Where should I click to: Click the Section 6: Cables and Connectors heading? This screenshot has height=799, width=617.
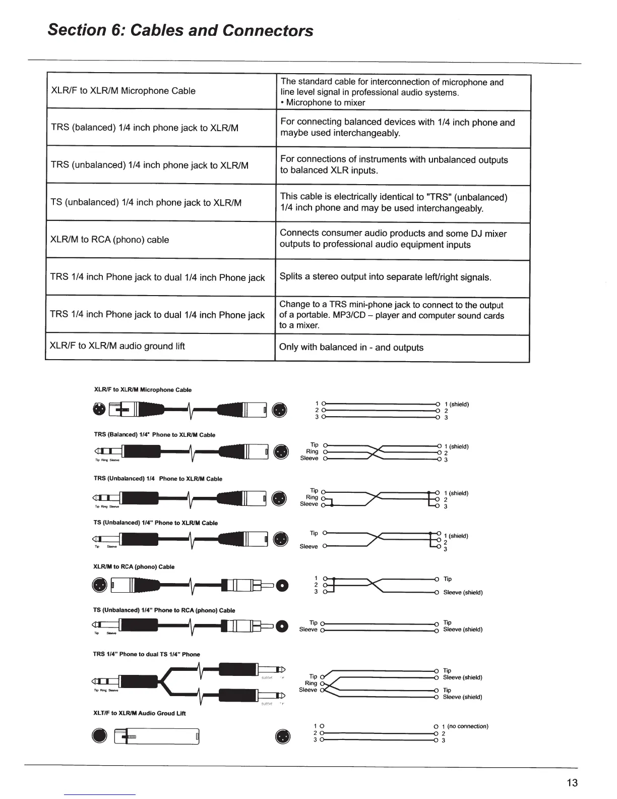pos(180,30)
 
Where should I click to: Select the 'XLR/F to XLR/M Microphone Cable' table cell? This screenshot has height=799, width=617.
pos(124,91)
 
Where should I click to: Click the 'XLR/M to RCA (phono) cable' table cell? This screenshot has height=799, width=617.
pos(110,240)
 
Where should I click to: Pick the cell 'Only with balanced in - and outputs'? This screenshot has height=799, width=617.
pos(351,348)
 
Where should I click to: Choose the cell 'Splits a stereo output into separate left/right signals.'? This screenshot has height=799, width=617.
pos(385,277)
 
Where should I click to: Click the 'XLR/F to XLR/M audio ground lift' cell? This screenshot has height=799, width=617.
pos(117,346)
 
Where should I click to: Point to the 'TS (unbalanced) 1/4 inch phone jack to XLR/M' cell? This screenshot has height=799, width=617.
pos(146,203)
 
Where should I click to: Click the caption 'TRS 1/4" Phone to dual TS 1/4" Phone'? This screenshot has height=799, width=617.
pos(147,654)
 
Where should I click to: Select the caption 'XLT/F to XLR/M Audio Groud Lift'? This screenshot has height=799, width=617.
pos(140,713)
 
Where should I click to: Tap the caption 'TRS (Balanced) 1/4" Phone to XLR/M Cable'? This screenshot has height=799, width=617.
pos(155,435)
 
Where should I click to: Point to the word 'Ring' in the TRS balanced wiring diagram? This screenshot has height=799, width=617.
pos(312,451)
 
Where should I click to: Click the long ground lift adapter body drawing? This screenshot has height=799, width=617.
pos(157,737)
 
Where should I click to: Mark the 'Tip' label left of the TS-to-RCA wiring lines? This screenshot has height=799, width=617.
pos(313,622)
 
